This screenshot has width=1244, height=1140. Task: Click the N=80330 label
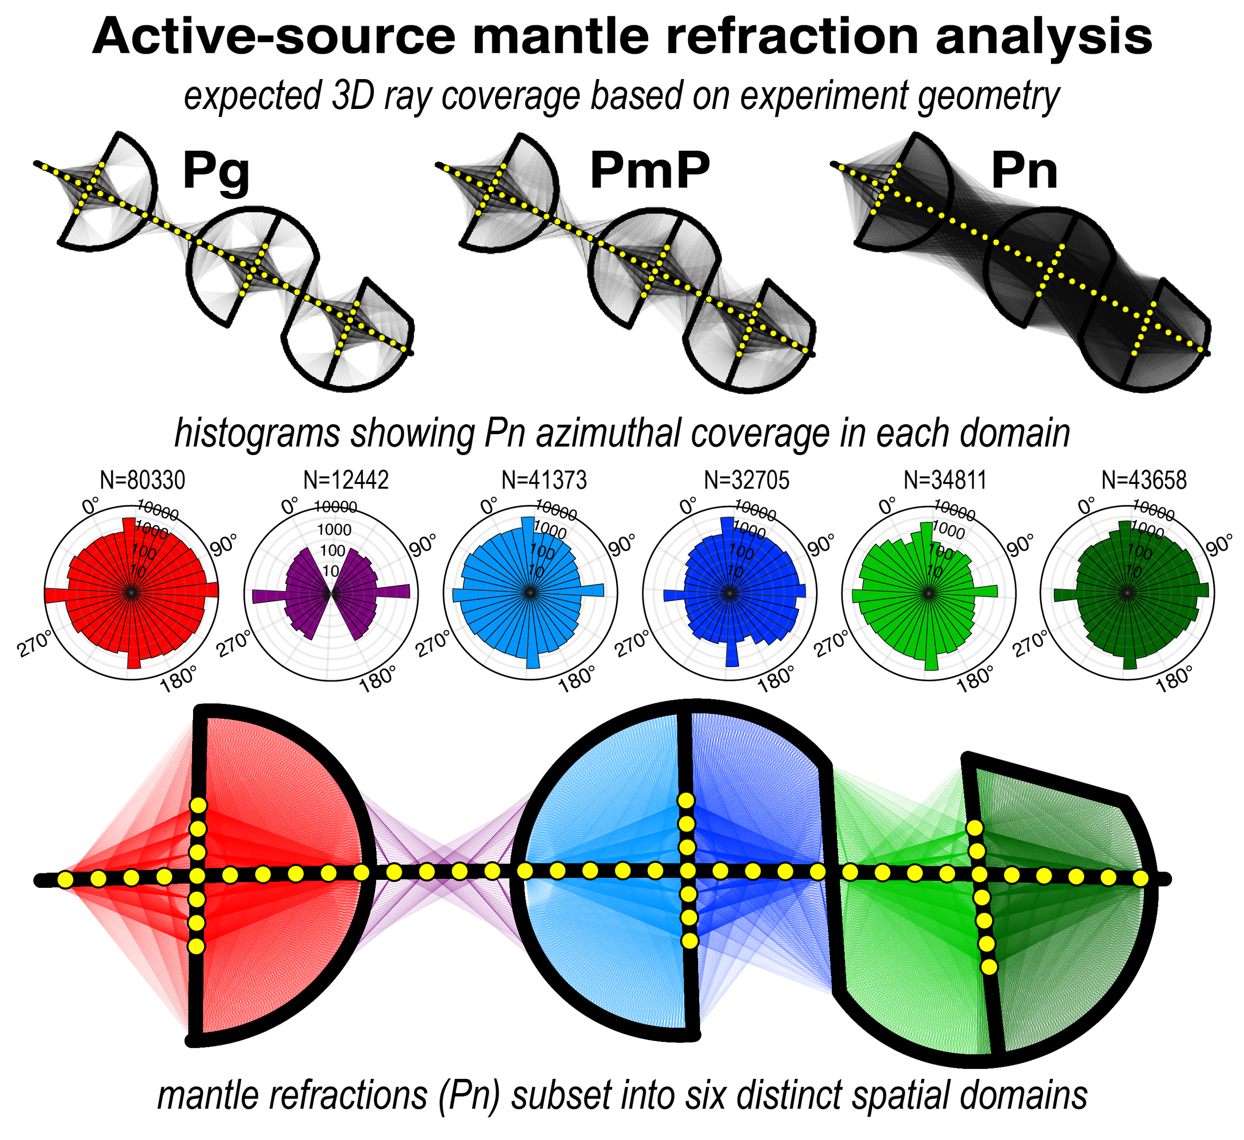click(x=142, y=480)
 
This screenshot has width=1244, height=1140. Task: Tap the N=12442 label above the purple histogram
click(x=347, y=479)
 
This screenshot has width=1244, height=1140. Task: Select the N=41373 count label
click(x=544, y=479)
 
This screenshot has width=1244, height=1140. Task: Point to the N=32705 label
click(x=746, y=479)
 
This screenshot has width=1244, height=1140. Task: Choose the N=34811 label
click(x=945, y=479)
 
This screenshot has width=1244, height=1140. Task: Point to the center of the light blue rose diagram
click(x=529, y=593)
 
